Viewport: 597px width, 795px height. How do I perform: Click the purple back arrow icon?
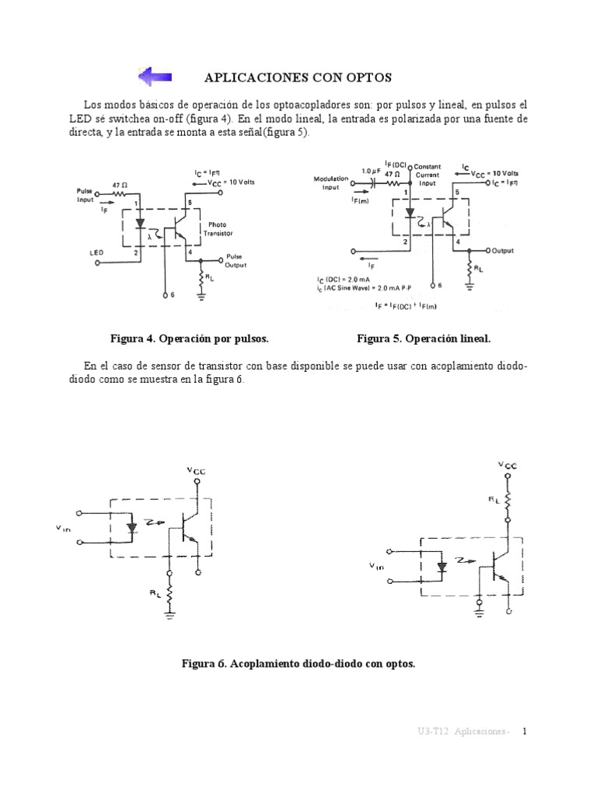click(155, 77)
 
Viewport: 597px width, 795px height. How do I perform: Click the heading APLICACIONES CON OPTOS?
click(298, 78)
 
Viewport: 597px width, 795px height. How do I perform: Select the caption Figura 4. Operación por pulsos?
click(190, 339)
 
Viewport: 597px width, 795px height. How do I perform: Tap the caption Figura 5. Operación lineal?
click(424, 339)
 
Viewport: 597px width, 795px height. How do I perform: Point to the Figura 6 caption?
click(298, 665)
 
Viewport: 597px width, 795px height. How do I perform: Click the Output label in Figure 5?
click(508, 251)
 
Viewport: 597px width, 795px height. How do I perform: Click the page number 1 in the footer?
click(524, 731)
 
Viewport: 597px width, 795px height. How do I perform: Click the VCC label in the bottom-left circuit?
click(196, 470)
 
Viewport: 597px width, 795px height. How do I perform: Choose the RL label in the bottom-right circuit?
click(494, 502)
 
